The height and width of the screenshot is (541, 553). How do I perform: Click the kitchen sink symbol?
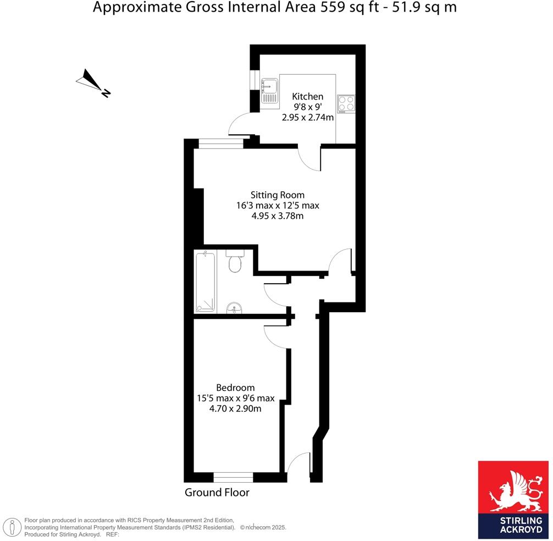270,90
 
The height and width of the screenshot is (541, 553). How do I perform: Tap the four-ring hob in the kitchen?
346,104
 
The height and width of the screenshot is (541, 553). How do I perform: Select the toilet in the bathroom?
234,263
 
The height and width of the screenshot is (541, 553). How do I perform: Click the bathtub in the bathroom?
206,282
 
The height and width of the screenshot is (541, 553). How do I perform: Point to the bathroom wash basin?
234,308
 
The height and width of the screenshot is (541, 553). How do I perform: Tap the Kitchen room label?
307,96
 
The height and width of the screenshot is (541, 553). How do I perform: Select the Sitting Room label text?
277,195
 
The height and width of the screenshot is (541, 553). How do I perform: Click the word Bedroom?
235,387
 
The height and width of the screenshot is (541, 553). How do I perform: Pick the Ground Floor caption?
217,493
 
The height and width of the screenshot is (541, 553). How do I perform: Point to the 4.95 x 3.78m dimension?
277,216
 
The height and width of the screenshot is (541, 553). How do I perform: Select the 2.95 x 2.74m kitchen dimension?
307,117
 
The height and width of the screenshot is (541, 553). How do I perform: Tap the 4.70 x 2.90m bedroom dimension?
235,408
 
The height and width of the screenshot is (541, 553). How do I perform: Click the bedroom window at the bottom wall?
233,477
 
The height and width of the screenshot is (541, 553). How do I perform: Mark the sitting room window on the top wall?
220,143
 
